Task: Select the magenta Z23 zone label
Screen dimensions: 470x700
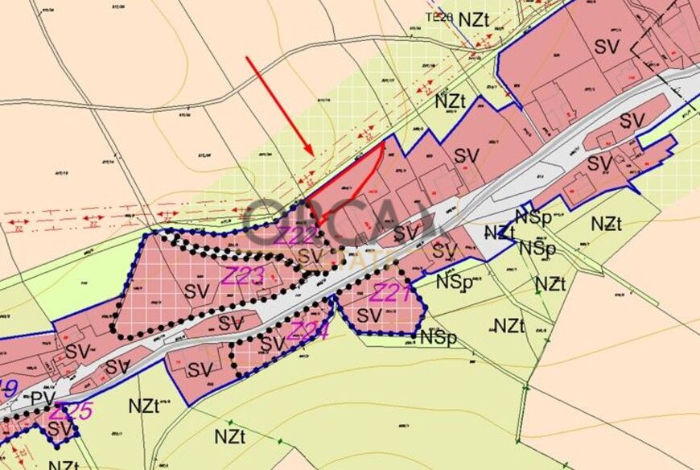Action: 243,276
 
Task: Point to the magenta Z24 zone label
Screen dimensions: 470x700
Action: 308,330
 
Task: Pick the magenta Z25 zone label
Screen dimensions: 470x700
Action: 71,411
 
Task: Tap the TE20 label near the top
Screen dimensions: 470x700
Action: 440,16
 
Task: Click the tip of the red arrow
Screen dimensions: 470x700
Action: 313,154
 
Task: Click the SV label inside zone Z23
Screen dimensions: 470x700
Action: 196,291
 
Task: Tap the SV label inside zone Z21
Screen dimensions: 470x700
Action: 369,315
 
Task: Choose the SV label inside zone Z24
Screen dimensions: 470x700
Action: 273,344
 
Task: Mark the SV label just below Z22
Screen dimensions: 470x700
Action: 308,257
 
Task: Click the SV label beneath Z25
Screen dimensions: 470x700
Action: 60,429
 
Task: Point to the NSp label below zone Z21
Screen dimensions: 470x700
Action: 438,337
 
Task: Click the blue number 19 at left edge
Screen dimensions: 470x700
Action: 8,390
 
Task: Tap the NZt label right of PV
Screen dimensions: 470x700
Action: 144,406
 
